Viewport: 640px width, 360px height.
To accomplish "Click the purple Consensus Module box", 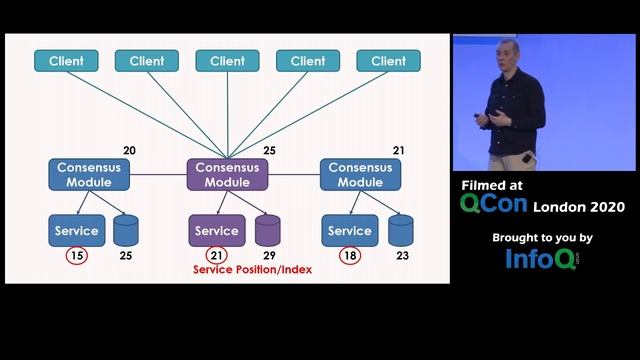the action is (x=227, y=175).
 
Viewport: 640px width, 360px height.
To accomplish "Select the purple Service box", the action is (x=217, y=231).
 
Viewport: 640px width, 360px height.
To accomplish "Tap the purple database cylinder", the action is (x=267, y=231).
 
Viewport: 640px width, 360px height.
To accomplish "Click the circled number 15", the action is (x=76, y=256).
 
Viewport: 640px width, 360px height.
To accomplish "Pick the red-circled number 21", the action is (x=217, y=256).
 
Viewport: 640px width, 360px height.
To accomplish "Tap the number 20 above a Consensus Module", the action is (x=129, y=151).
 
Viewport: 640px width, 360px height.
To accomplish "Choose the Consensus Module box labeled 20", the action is (x=88, y=175).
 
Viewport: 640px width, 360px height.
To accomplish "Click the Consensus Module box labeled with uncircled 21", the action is (x=361, y=175).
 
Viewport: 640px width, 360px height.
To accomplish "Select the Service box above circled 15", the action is (x=76, y=231).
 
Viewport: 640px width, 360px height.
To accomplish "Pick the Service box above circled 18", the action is (x=350, y=231).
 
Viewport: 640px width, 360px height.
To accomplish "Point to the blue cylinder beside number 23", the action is (x=401, y=231).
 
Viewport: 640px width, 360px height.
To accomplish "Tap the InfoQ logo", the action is (x=541, y=260).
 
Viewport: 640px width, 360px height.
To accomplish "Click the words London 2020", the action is (x=579, y=207).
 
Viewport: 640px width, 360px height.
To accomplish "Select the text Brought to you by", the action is (x=542, y=238).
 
